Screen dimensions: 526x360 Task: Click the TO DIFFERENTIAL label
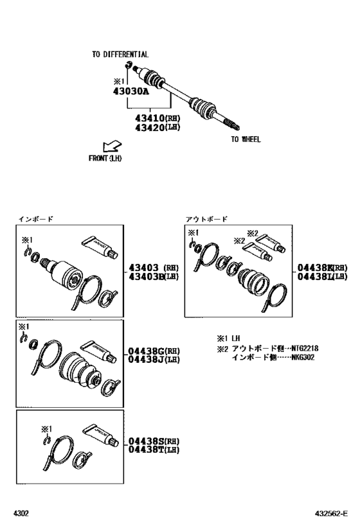[120, 55]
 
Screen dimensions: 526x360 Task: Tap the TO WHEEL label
[246, 139]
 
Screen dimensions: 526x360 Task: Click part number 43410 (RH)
[157, 118]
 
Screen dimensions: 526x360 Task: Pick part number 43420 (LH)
[157, 127]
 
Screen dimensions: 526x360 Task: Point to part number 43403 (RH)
[153, 267]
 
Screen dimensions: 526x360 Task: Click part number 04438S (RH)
[153, 441]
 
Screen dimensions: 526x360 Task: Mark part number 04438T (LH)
[153, 450]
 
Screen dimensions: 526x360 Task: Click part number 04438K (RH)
[321, 267]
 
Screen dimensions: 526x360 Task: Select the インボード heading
[35, 219]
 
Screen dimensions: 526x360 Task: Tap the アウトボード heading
[206, 219]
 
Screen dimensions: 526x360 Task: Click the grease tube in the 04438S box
[98, 437]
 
